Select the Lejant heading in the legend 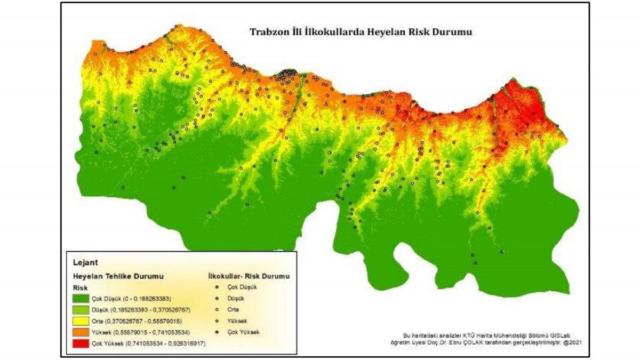[84, 262]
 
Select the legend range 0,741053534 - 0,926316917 [166, 344]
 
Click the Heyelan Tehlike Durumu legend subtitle [118, 276]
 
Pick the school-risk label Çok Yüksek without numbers [243, 332]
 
